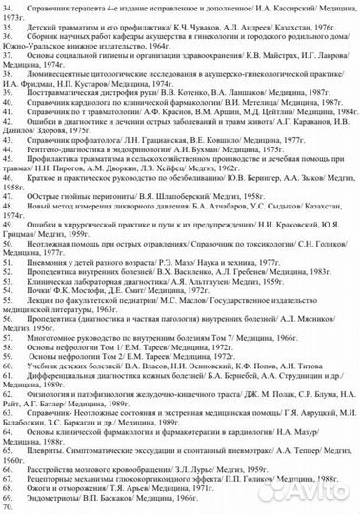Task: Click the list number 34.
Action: [9, 6]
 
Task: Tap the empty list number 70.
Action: [9, 506]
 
